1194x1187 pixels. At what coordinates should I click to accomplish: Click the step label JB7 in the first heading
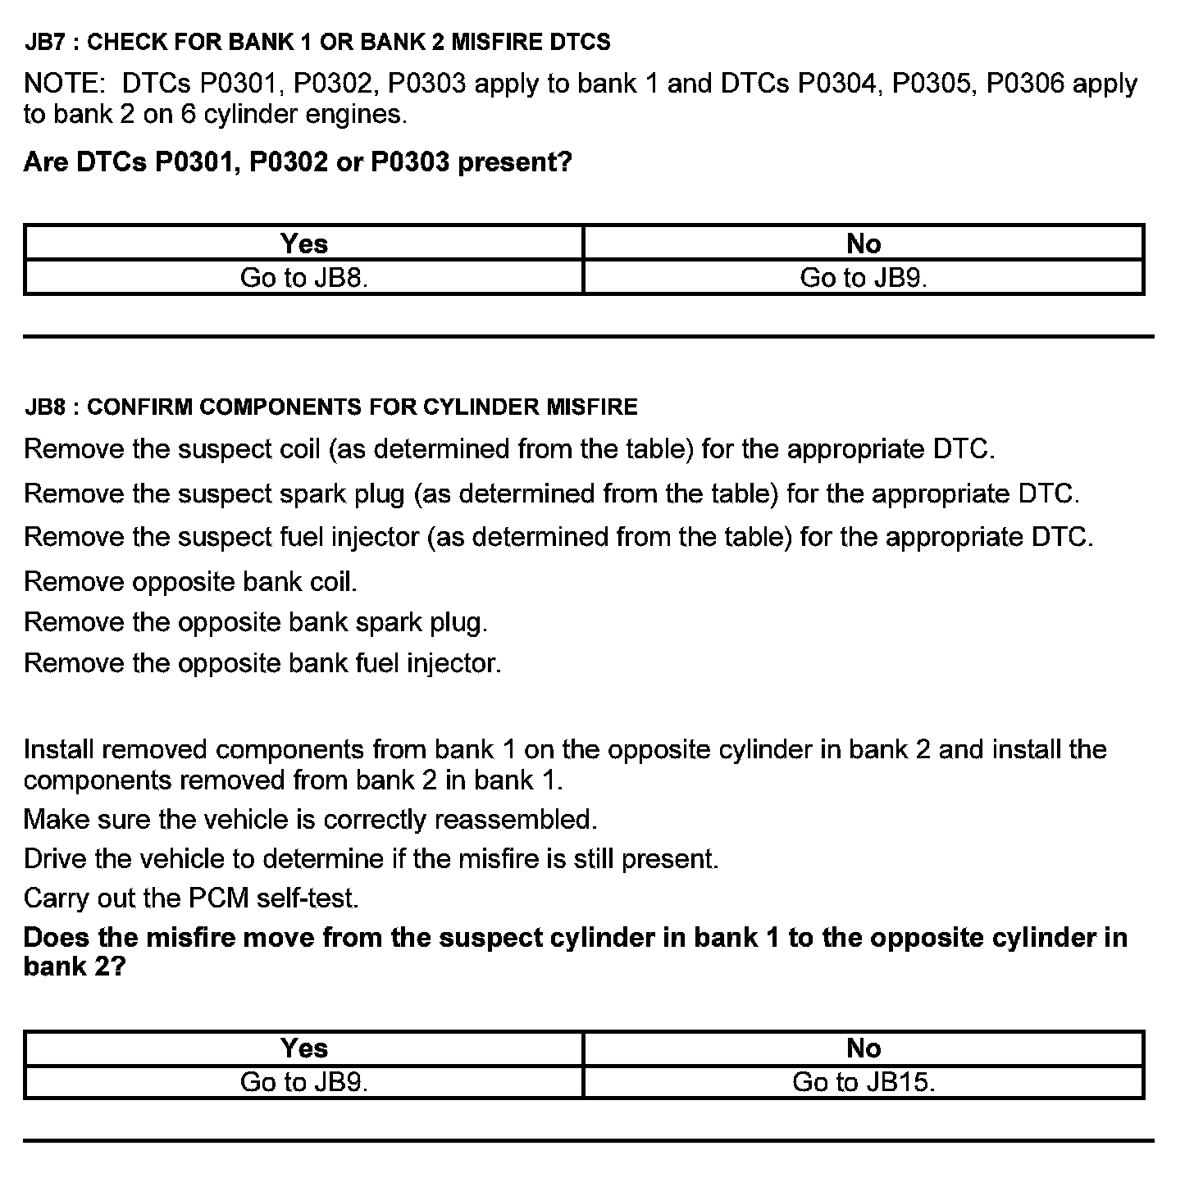pos(44,43)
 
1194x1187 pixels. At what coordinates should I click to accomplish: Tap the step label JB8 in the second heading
pos(44,407)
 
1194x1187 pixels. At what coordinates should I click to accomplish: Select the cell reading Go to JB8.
pos(303,278)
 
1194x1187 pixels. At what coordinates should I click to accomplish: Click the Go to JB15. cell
pos(864,1082)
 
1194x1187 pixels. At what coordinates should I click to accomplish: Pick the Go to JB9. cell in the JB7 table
pos(864,278)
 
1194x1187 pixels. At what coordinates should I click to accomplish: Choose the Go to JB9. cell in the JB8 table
pos(303,1082)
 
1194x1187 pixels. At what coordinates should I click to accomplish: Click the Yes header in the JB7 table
pos(303,243)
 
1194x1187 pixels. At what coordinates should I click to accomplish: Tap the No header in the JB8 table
pos(864,1048)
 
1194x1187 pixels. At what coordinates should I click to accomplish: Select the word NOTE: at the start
pos(64,84)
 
